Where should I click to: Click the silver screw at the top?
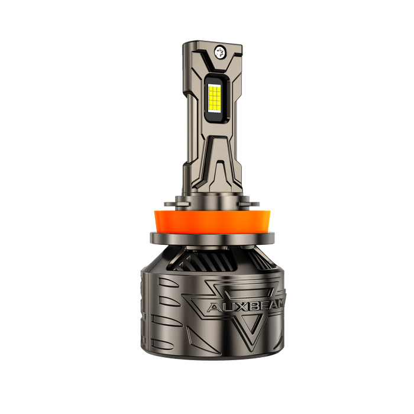point(219,51)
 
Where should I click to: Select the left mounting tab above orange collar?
point(177,204)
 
